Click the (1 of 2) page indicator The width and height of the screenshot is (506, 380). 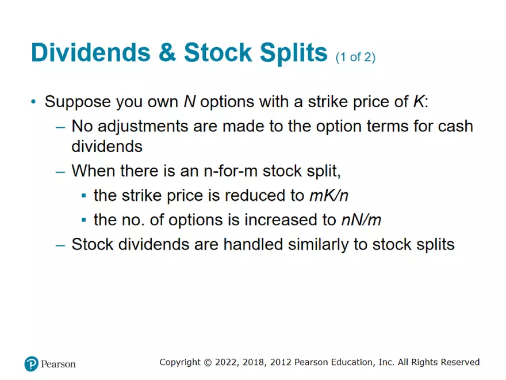[x=355, y=57]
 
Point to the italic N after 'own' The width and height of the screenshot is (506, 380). [x=189, y=102]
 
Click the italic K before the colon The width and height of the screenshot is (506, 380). [x=418, y=102]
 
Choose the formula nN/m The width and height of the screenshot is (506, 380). [x=360, y=220]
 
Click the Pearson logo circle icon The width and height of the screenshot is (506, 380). [x=31, y=363]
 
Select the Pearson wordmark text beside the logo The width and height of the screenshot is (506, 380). [x=59, y=364]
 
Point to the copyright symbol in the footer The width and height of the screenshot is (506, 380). [x=208, y=362]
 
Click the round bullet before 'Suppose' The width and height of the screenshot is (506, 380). [x=34, y=102]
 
